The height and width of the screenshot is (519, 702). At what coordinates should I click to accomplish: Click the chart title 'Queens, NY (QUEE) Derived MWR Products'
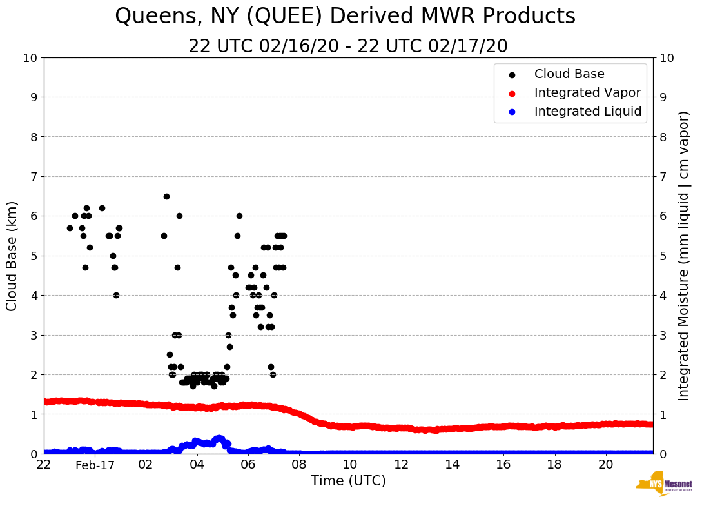click(x=345, y=17)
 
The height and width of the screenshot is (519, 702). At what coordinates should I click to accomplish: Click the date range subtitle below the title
click(x=348, y=46)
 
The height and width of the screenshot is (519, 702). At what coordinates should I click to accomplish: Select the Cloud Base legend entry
click(x=569, y=74)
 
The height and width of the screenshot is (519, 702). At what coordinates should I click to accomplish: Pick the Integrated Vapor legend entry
click(x=587, y=93)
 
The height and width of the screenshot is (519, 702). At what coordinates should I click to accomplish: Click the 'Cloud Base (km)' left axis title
click(x=12, y=256)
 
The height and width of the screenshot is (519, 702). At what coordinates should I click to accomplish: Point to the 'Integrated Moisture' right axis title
click(x=684, y=256)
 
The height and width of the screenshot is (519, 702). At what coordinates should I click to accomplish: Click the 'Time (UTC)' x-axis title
click(x=348, y=481)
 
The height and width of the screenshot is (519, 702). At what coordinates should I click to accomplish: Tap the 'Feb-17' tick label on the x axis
click(x=95, y=465)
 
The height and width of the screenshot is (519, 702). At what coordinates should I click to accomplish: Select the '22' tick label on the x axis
click(x=44, y=465)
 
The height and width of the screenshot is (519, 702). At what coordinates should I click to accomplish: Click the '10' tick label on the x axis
click(x=350, y=465)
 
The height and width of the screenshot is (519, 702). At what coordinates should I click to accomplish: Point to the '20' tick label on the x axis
click(x=605, y=465)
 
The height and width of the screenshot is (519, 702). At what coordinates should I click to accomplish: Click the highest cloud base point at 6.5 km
click(x=166, y=196)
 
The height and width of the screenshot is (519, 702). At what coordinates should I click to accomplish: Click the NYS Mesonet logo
click(x=663, y=484)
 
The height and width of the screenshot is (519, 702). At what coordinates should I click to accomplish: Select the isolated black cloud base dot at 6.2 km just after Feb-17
click(x=102, y=208)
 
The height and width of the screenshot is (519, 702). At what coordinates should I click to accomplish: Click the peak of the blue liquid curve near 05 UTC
click(x=219, y=438)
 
